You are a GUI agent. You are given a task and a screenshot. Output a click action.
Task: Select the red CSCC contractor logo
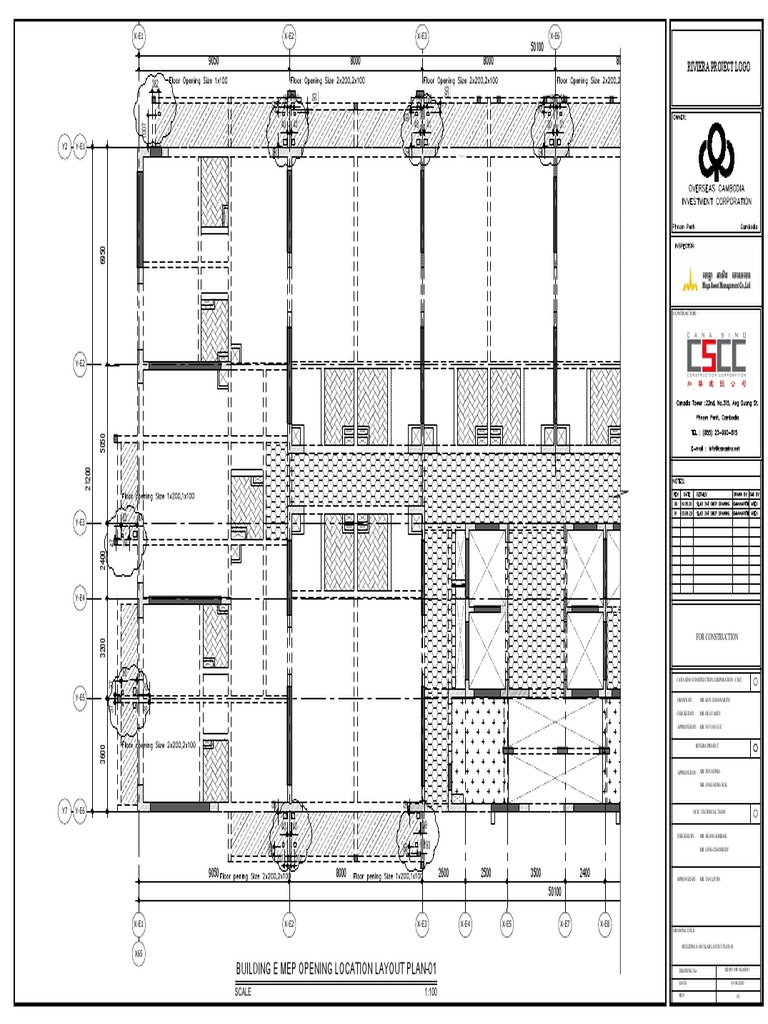[x=716, y=354]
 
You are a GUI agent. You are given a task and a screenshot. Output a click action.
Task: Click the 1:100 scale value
[x=431, y=992]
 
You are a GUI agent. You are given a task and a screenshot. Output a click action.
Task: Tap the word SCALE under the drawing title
[x=244, y=992]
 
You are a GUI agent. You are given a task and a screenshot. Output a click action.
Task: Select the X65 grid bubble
[x=139, y=954]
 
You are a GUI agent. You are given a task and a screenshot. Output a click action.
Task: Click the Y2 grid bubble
[x=65, y=147]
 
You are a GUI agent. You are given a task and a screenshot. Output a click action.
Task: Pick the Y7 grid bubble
[x=65, y=809]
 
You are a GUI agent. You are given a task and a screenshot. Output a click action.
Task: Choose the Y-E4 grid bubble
[x=80, y=598]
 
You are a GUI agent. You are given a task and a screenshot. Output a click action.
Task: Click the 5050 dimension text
[x=101, y=440]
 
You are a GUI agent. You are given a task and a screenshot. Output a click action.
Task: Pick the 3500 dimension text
[x=535, y=872]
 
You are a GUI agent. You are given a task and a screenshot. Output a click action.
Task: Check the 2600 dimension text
[x=444, y=872]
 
